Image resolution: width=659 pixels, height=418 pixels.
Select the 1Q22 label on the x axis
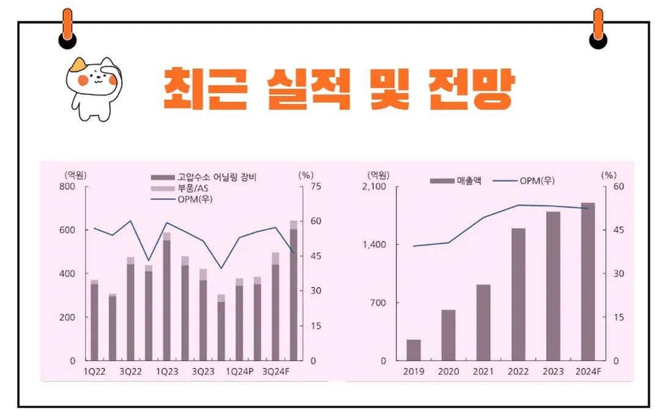pos(94,371)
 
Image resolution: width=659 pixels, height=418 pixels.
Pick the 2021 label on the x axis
pos(483,371)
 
